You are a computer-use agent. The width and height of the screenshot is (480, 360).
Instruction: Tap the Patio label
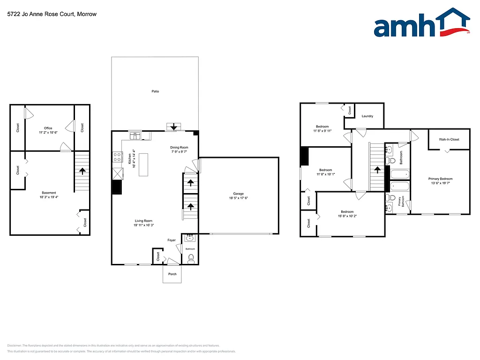(x=155, y=91)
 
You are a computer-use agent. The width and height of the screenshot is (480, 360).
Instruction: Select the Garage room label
(x=239, y=194)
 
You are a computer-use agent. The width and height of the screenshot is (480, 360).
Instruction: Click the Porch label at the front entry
(x=172, y=274)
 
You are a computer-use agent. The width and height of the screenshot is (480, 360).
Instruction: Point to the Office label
(x=48, y=128)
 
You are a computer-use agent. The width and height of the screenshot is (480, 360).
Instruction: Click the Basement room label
(x=49, y=193)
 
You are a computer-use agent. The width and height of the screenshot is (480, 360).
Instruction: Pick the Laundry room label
(x=367, y=116)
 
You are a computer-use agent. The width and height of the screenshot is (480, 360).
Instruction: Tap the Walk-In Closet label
(x=449, y=139)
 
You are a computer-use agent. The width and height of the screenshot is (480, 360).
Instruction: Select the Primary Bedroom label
(x=441, y=179)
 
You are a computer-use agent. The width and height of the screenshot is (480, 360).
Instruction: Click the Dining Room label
(x=179, y=148)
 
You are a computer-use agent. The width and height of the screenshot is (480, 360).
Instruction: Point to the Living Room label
(x=144, y=221)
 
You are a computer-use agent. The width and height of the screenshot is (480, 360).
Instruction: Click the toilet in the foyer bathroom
(x=191, y=259)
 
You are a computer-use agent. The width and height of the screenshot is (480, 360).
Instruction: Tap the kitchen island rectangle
(x=143, y=164)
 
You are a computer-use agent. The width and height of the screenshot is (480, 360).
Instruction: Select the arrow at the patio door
(x=173, y=127)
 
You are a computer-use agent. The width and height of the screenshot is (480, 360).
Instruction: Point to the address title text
(x=52, y=14)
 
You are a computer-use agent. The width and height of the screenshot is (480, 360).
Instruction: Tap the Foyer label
(x=172, y=240)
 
